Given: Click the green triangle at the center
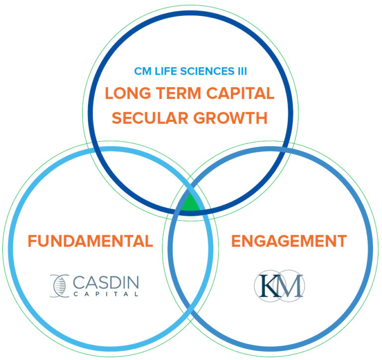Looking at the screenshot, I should click(x=190, y=204).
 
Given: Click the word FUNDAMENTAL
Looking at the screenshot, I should click(x=90, y=241).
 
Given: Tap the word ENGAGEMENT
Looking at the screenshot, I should click(x=289, y=241).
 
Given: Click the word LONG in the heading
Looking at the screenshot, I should click(x=124, y=93).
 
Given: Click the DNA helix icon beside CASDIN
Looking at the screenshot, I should click(x=60, y=285).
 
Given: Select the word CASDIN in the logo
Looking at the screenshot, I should click(x=106, y=282).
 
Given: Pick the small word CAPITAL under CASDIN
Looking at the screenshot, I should click(x=106, y=294).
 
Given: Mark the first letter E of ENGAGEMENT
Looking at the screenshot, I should click(x=237, y=241).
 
